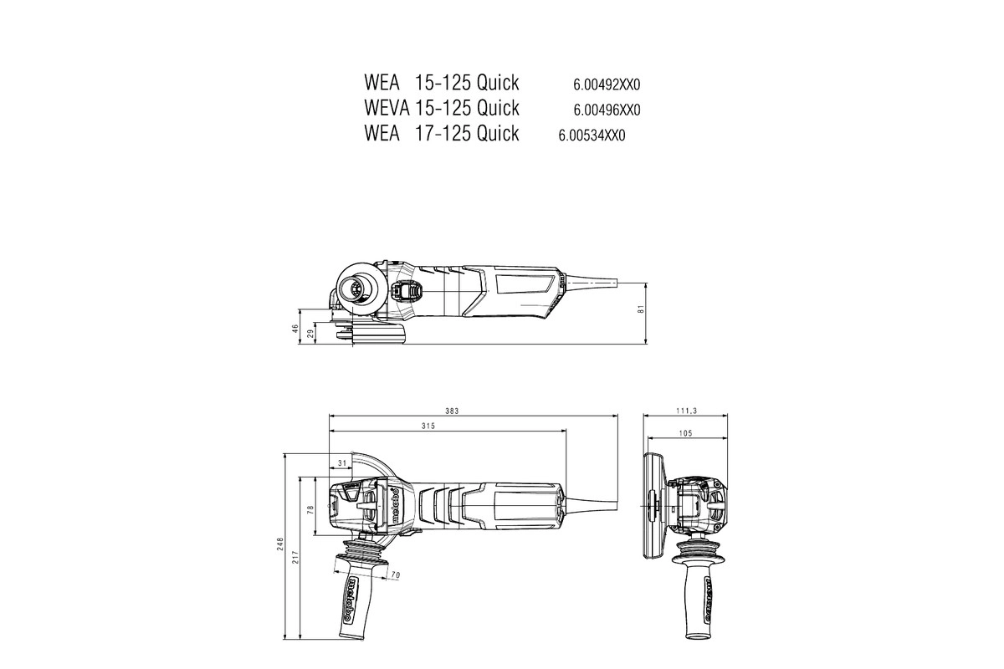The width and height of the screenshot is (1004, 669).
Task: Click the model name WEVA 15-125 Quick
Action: point(442,108)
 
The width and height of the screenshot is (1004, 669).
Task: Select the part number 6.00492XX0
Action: point(607,84)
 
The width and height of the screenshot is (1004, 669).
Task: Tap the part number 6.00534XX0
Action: point(592,135)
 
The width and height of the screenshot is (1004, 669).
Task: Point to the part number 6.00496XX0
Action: point(607,110)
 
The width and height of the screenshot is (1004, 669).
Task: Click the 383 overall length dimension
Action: point(475,411)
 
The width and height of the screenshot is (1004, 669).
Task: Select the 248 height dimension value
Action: point(281,545)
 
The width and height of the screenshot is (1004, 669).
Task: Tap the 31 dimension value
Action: point(341,462)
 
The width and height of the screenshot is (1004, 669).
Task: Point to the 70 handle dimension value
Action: point(396,575)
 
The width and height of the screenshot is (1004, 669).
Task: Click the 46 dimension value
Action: point(295,329)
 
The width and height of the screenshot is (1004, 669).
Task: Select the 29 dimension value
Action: point(310,334)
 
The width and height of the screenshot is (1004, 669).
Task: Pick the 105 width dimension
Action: point(687,434)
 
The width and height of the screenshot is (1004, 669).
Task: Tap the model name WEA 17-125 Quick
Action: point(442,133)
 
